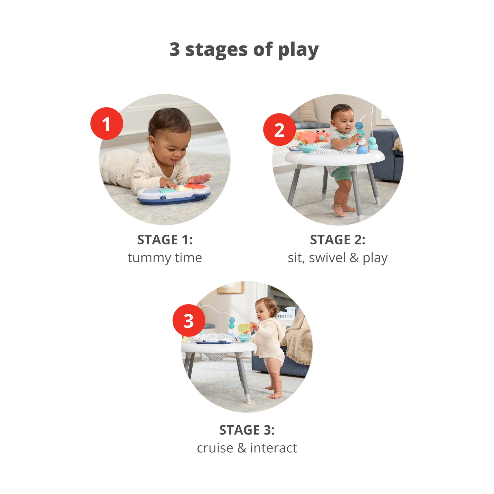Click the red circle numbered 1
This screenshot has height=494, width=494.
pos(107,123)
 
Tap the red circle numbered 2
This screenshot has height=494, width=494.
pos(279,129)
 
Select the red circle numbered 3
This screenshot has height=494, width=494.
pos(189,320)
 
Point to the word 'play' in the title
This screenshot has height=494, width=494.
pos(298,50)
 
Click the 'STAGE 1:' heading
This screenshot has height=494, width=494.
pos(165,240)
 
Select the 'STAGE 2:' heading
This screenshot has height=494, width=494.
pos(338,240)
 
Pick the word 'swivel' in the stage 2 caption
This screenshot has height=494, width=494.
pos(327,258)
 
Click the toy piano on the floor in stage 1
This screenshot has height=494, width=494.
pos(174,193)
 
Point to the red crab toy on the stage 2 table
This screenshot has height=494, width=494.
pos(322,136)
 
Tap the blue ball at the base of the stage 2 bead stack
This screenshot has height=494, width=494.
pos(363,149)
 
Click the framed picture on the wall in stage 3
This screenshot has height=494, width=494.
pos(230,287)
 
